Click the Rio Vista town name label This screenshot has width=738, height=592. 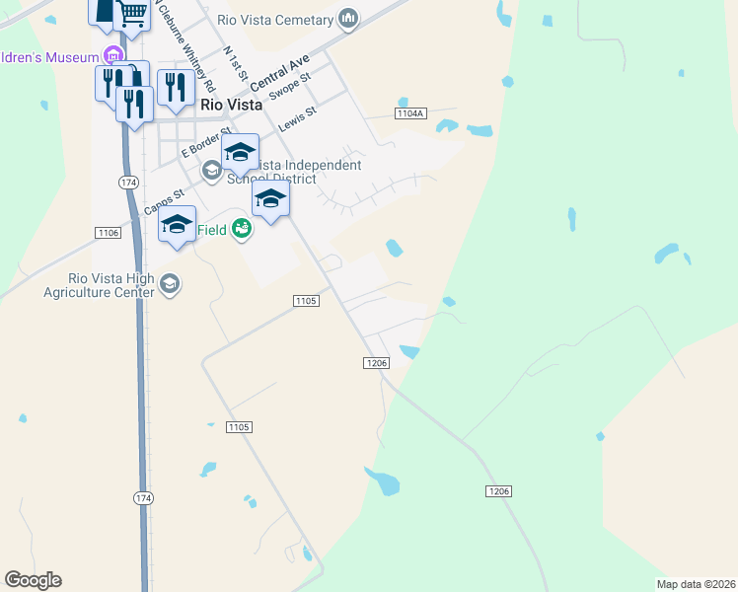tap(231, 104)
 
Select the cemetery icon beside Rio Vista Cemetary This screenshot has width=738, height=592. tap(347, 19)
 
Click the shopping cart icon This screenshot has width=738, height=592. tap(132, 14)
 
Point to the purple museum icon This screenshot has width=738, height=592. tap(113, 55)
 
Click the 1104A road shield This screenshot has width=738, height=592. tap(409, 114)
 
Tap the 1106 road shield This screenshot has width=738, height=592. tap(109, 232)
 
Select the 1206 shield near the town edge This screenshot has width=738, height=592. tap(376, 363)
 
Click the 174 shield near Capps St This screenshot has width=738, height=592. tap(128, 183)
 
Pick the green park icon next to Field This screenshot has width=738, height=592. tap(241, 230)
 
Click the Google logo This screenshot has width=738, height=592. tap(33, 580)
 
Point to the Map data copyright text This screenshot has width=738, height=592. tap(696, 584)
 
